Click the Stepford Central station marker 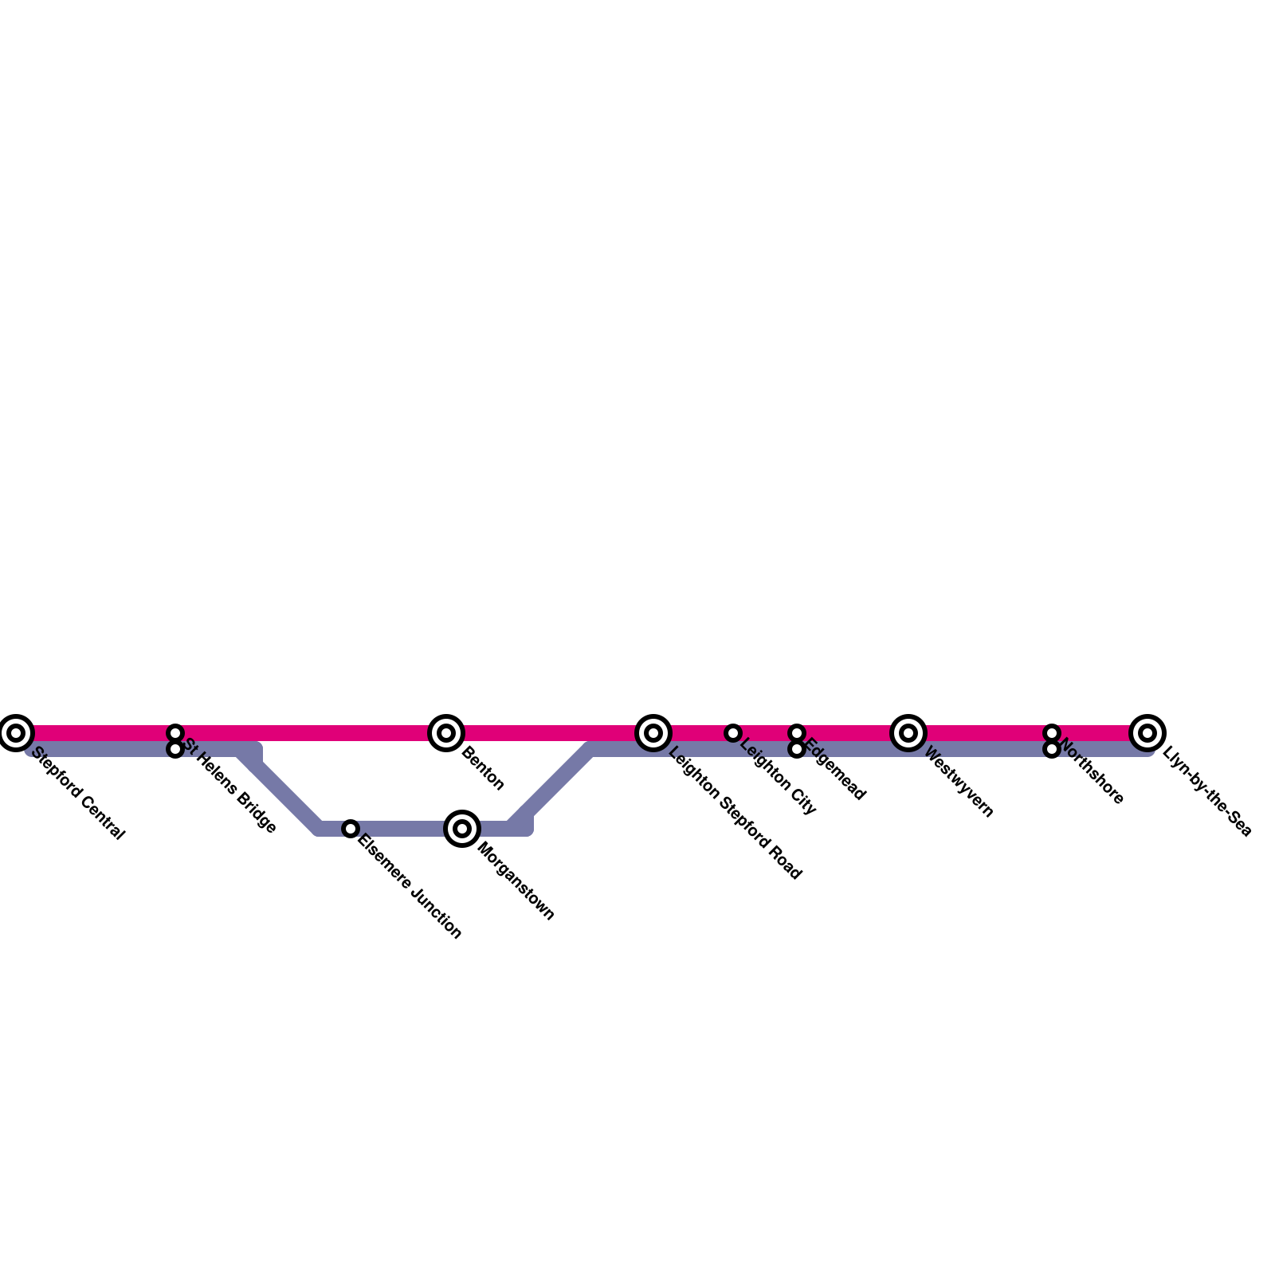(16, 732)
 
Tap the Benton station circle (446, 732)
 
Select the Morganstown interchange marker (462, 829)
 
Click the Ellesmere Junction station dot (351, 829)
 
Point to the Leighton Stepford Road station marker (653, 732)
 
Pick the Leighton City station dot (733, 732)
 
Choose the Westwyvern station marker (908, 732)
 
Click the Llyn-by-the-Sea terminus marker (1147, 732)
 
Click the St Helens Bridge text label (230, 787)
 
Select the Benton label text (482, 769)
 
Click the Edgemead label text (835, 771)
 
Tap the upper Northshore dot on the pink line (1052, 732)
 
